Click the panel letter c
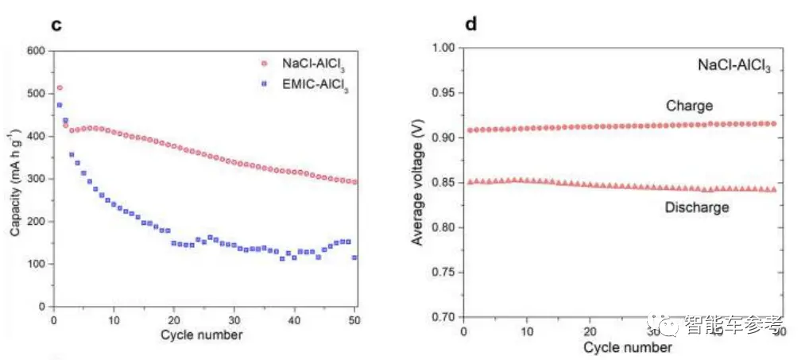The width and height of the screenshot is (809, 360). coord(56,24)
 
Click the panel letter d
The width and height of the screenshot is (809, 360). coord(471,24)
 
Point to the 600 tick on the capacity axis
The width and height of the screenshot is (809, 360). coord(37,51)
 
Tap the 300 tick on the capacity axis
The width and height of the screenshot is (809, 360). coord(37,179)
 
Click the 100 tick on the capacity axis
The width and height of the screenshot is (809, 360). coord(37,264)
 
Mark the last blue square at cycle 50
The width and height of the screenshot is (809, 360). coord(354,257)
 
